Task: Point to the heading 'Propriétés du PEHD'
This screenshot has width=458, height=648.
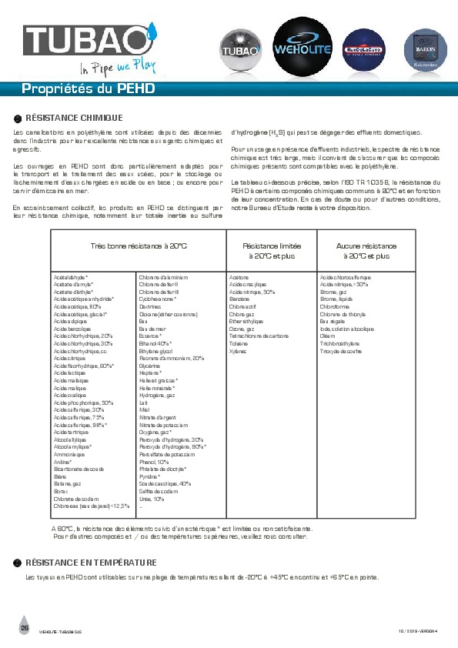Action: pos(89,89)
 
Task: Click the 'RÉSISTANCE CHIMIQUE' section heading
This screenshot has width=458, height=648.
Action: pos(74,118)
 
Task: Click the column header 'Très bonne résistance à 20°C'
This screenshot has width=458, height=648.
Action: pos(139,245)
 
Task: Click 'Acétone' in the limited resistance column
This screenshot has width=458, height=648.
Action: pos(239,276)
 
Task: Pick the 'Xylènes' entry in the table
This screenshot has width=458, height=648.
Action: pos(239,351)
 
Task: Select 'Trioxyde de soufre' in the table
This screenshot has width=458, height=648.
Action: pos(340,351)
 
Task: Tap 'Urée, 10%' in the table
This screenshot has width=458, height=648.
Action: pos(152,499)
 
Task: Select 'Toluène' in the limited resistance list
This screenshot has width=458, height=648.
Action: pos(239,344)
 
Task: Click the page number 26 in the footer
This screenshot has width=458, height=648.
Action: pos(25,629)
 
